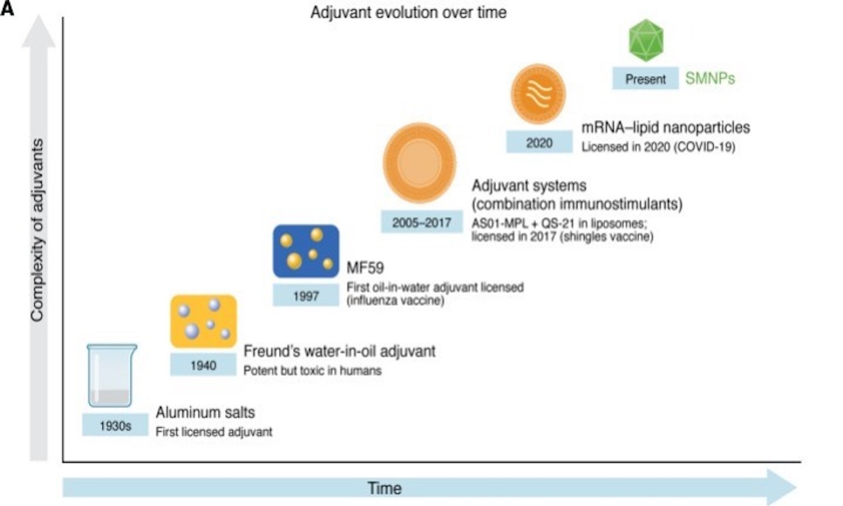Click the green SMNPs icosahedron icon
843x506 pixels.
tap(646, 40)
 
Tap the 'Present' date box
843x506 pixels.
tap(645, 79)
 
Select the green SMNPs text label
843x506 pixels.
tap(710, 79)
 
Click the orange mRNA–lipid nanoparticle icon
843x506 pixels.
tap(538, 94)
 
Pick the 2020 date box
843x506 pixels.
tap(539, 143)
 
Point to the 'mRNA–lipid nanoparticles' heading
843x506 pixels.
tap(665, 128)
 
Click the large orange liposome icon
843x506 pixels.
tap(419, 163)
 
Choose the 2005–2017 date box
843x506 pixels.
tap(422, 223)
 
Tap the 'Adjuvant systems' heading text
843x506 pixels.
tap(529, 186)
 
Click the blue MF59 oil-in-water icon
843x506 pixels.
tap(306, 251)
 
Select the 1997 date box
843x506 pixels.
tap(306, 296)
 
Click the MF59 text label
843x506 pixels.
tap(365, 268)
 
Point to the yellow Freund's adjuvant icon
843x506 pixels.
tap(203, 322)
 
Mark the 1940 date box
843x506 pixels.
tap(203, 365)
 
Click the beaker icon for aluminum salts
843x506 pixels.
tap(112, 376)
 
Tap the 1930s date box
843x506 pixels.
tap(115, 426)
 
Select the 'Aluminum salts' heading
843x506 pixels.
tap(205, 413)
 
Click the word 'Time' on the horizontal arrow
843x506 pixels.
tap(384, 488)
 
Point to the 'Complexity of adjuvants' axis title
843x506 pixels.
tap(37, 231)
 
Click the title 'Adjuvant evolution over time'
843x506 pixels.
tap(409, 12)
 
